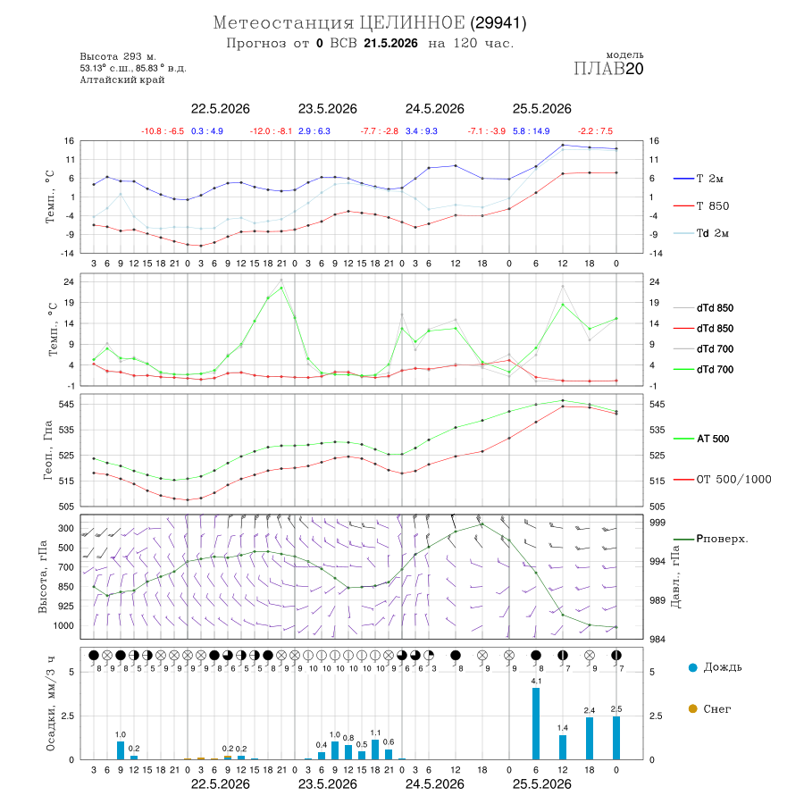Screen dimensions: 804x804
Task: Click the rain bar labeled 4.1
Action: click(536, 724)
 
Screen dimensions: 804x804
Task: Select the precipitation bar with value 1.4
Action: click(563, 747)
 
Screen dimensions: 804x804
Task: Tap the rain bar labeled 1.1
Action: click(375, 750)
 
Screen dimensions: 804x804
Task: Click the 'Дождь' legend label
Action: click(723, 667)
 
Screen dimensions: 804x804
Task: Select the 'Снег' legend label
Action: click(716, 708)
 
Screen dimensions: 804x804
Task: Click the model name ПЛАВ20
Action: click(608, 69)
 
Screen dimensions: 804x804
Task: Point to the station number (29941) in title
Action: click(498, 23)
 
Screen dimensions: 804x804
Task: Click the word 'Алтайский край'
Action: click(122, 80)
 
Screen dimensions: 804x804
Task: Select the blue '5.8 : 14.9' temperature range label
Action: click(532, 131)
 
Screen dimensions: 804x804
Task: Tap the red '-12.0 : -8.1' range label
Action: click(272, 131)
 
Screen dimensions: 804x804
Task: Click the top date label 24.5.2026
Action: click(435, 109)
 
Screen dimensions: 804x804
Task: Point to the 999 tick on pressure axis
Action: click(657, 523)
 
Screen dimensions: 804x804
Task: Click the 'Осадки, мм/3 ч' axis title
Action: click(50, 703)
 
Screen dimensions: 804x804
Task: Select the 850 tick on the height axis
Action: click(65, 587)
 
